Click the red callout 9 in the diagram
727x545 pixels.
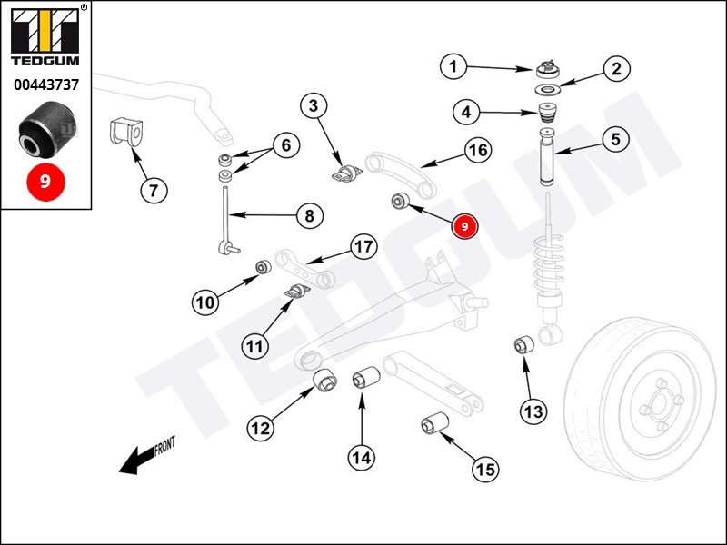pyautogui.click(x=465, y=225)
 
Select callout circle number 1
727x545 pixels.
pyautogui.click(x=455, y=65)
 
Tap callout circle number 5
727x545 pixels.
pyautogui.click(x=615, y=139)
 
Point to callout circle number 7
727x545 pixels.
pyautogui.click(x=154, y=191)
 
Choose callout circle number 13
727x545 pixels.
pyautogui.click(x=533, y=411)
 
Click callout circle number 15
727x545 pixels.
pyautogui.click(x=484, y=469)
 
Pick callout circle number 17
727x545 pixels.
pyautogui.click(x=363, y=247)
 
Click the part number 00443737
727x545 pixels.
pyautogui.click(x=45, y=84)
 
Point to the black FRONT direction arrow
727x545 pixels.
pyautogui.click(x=136, y=460)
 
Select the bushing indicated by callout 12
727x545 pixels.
pyautogui.click(x=324, y=381)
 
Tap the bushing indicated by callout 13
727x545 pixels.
pyautogui.click(x=523, y=345)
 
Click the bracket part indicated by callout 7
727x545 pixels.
pyautogui.click(x=126, y=134)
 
